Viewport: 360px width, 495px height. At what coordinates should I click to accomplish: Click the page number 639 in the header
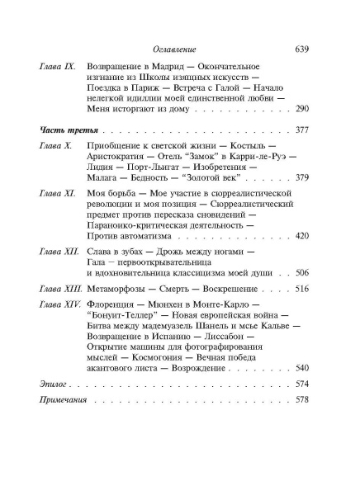301,50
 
